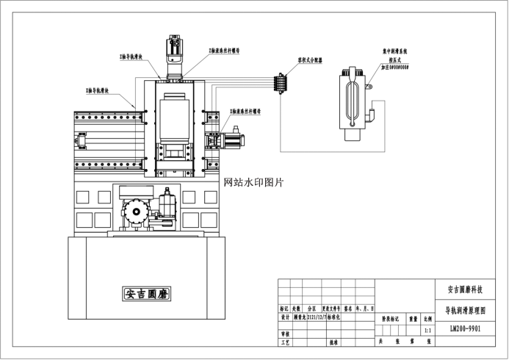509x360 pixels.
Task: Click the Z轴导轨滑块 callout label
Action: pyautogui.click(x=136, y=55)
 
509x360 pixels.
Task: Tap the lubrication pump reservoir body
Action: pyautogui.click(x=352, y=103)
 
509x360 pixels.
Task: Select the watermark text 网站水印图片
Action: pyautogui.click(x=253, y=181)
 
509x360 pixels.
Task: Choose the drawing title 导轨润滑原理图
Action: pyautogui.click(x=465, y=311)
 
